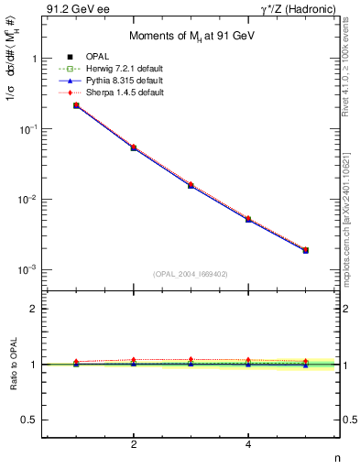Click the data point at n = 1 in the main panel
76,106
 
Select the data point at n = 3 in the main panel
191,185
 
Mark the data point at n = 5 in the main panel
305,250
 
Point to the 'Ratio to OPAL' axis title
12,365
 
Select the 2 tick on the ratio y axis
33,309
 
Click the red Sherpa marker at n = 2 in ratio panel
134,360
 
